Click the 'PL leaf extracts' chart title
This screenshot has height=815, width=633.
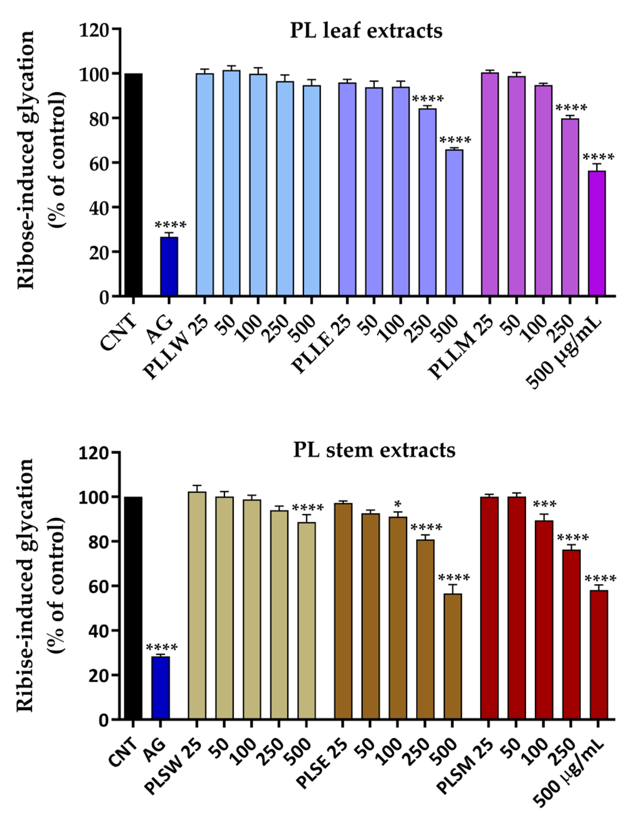click(366, 31)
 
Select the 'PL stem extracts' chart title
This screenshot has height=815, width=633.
click(374, 450)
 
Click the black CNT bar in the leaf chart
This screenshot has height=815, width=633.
click(133, 185)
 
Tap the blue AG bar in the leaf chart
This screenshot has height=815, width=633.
click(169, 266)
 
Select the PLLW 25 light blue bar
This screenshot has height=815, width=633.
click(205, 185)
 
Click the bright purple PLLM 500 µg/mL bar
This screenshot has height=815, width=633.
click(597, 233)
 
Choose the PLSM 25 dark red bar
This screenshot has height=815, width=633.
click(489, 608)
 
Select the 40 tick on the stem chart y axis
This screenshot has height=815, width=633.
click(98, 630)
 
